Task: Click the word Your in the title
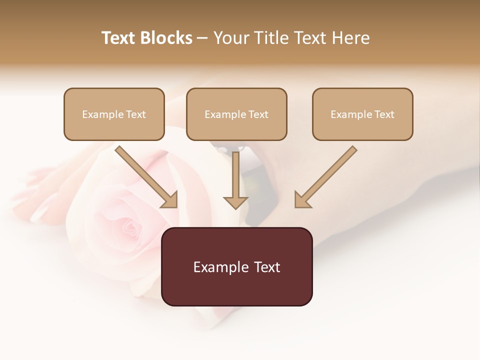[x=231, y=38]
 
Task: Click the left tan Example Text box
[x=114, y=114]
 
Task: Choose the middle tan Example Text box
[x=236, y=114]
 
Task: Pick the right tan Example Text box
[x=362, y=114]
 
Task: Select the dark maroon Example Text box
[x=236, y=267]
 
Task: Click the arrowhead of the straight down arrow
[x=235, y=202]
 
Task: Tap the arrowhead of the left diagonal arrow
[x=169, y=200]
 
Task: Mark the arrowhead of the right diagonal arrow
[x=302, y=200]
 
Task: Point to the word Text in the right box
[x=384, y=114]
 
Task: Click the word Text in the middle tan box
[x=258, y=114]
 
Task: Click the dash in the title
[x=202, y=38]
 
